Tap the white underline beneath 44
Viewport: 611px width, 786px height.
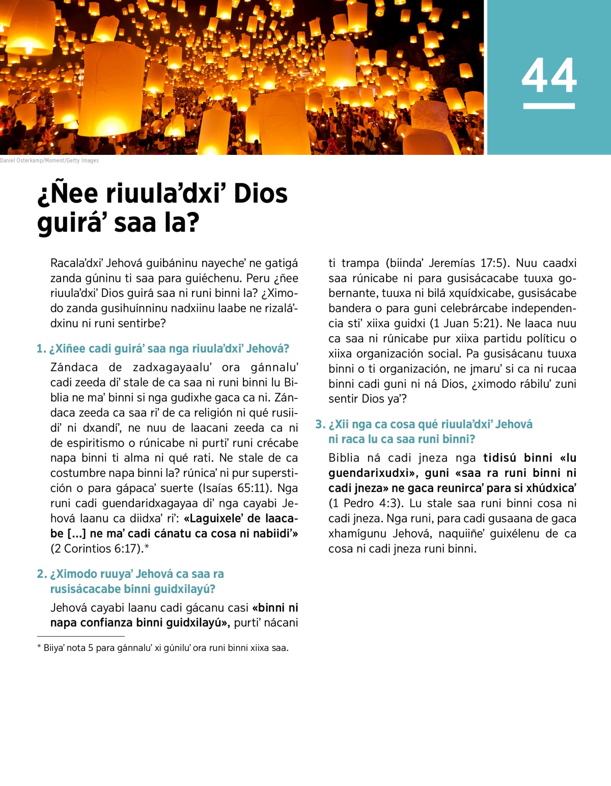click(x=549, y=106)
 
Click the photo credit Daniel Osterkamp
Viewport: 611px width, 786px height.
click(x=49, y=160)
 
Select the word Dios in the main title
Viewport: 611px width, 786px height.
click(x=260, y=194)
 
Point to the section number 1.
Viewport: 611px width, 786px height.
click(x=41, y=349)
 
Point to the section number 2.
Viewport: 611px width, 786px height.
click(x=41, y=574)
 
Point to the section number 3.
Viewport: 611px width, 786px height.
click(x=320, y=424)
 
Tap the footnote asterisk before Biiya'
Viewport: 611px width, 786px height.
click(x=39, y=648)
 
